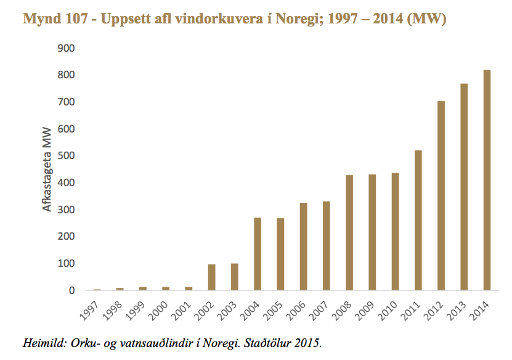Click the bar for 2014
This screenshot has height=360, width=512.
pyautogui.click(x=487, y=180)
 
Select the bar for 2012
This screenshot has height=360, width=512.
pyautogui.click(x=441, y=195)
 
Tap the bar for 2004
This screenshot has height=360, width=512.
pyautogui.click(x=258, y=253)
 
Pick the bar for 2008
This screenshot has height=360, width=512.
pyautogui.click(x=349, y=232)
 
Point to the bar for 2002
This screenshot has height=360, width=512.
pyautogui.click(x=212, y=277)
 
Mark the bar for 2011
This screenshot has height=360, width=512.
pyautogui.click(x=418, y=220)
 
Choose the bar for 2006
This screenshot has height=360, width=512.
pyautogui.click(x=304, y=246)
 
